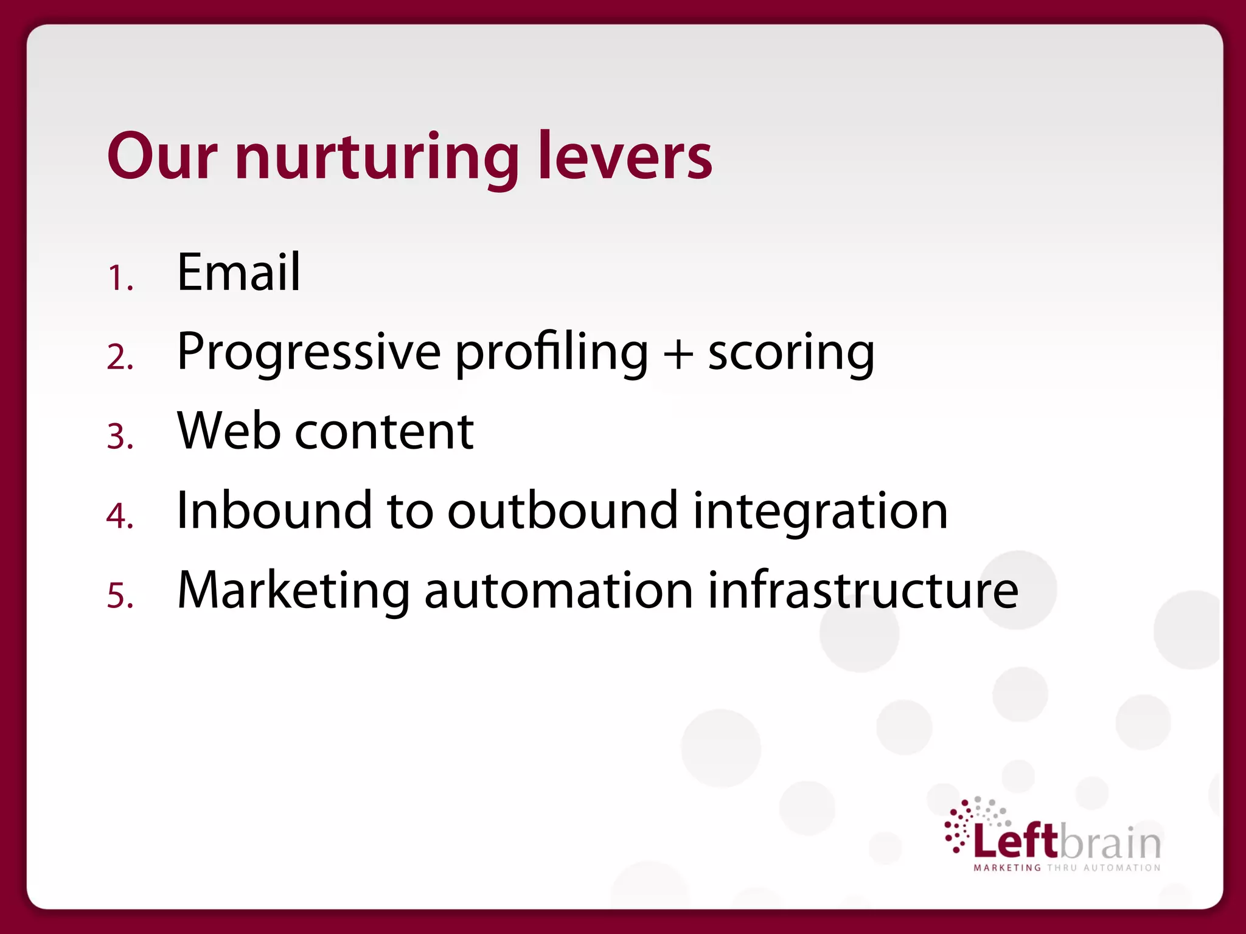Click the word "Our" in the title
(x=162, y=156)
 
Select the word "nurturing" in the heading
(x=377, y=158)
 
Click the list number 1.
(x=120, y=278)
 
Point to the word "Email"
(x=238, y=272)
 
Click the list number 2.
(x=120, y=358)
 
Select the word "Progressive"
(x=308, y=353)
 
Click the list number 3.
(x=120, y=437)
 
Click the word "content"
(x=384, y=432)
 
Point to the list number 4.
(x=120, y=516)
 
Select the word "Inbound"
(x=274, y=510)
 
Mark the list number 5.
(x=120, y=595)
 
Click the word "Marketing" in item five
(x=293, y=591)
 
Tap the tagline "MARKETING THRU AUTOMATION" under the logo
(x=1067, y=868)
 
